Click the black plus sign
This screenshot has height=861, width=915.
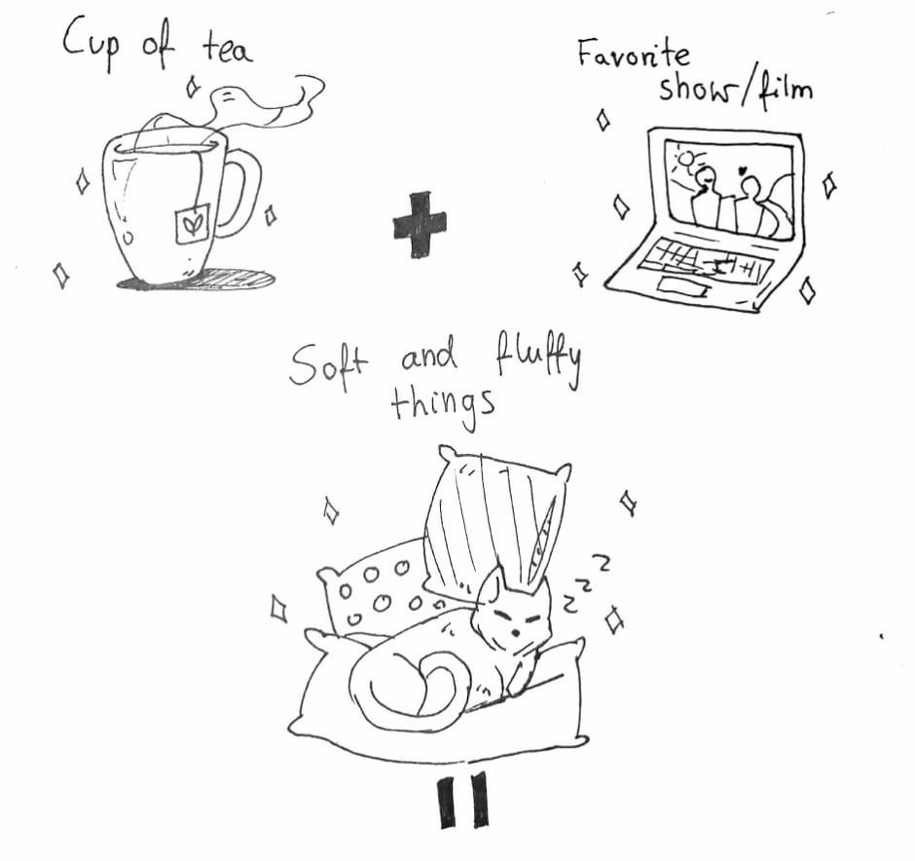pyautogui.click(x=420, y=225)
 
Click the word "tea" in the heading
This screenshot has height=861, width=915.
pyautogui.click(x=228, y=48)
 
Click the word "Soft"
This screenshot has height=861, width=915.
pyautogui.click(x=327, y=365)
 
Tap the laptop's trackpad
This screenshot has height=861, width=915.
pyautogui.click(x=682, y=286)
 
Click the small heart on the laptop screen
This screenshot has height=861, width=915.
pyautogui.click(x=743, y=171)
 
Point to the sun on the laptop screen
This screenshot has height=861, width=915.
pyautogui.click(x=688, y=162)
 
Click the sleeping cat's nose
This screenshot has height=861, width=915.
pyautogui.click(x=514, y=633)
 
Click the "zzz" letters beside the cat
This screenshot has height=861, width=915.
pyautogui.click(x=585, y=585)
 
